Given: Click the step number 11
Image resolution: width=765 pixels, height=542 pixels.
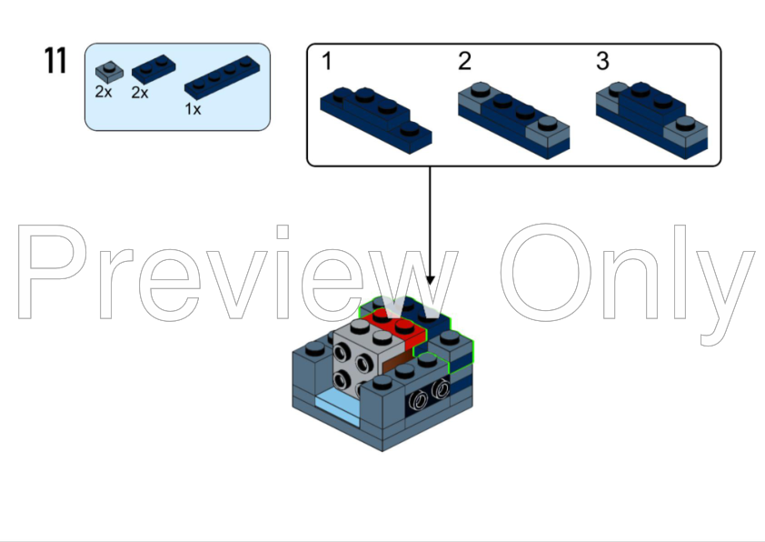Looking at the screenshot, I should tap(55, 61).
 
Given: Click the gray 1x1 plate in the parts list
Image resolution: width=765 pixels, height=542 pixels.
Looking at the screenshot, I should tap(108, 70).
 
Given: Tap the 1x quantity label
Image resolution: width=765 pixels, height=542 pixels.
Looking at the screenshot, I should tap(193, 108).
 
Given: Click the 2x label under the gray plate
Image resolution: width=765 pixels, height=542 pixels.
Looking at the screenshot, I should tap(104, 93).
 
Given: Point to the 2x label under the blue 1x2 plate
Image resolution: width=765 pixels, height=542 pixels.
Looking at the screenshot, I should tap(140, 93).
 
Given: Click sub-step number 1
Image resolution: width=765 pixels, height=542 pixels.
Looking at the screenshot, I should tap(326, 63).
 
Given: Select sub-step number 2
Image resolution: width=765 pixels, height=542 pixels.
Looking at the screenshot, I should tap(464, 63).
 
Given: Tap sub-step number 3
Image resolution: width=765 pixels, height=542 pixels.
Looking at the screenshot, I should tap(602, 63).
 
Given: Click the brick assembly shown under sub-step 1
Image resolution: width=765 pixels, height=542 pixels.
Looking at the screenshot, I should tap(375, 114).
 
